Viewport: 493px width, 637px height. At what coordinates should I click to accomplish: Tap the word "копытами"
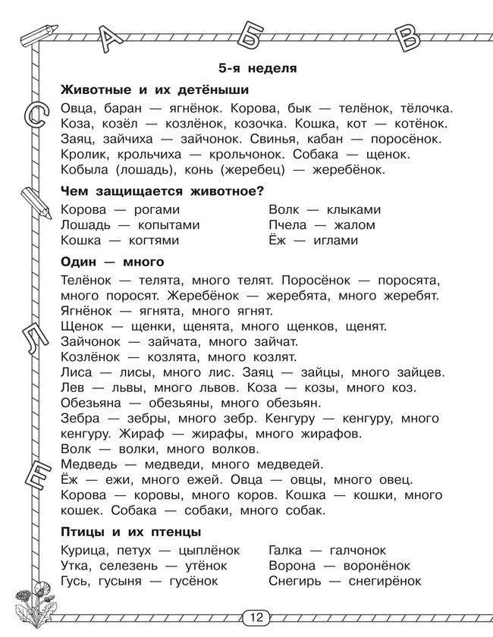pos(168,225)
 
